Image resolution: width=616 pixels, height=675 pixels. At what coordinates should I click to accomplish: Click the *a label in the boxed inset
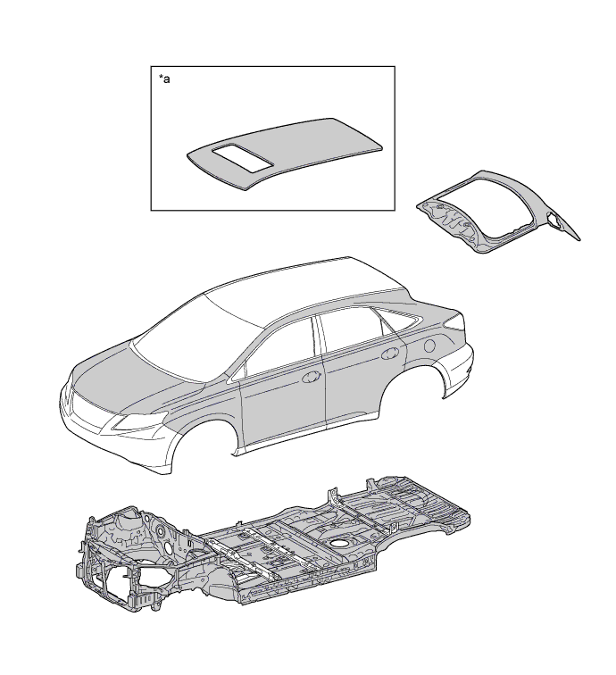pyautogui.click(x=164, y=79)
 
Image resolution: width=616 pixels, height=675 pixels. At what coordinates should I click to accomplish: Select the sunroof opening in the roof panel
pyautogui.click(x=243, y=159)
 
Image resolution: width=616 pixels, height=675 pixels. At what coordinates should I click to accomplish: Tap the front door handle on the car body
pyautogui.click(x=312, y=377)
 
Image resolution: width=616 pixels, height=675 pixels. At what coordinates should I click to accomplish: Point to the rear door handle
pyautogui.click(x=389, y=353)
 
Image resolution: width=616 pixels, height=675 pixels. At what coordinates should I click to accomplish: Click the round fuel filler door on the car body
pyautogui.click(x=429, y=346)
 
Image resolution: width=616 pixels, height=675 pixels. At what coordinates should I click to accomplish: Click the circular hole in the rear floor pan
pyautogui.click(x=340, y=543)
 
